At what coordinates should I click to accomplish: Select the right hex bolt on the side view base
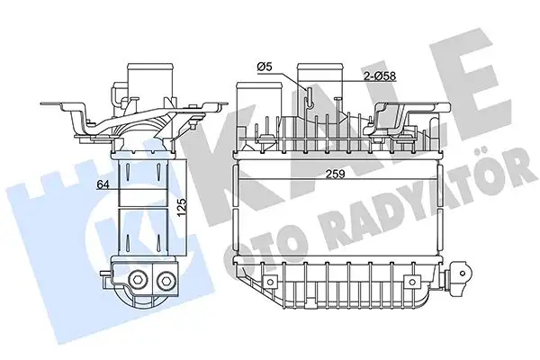tap(164, 283)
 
